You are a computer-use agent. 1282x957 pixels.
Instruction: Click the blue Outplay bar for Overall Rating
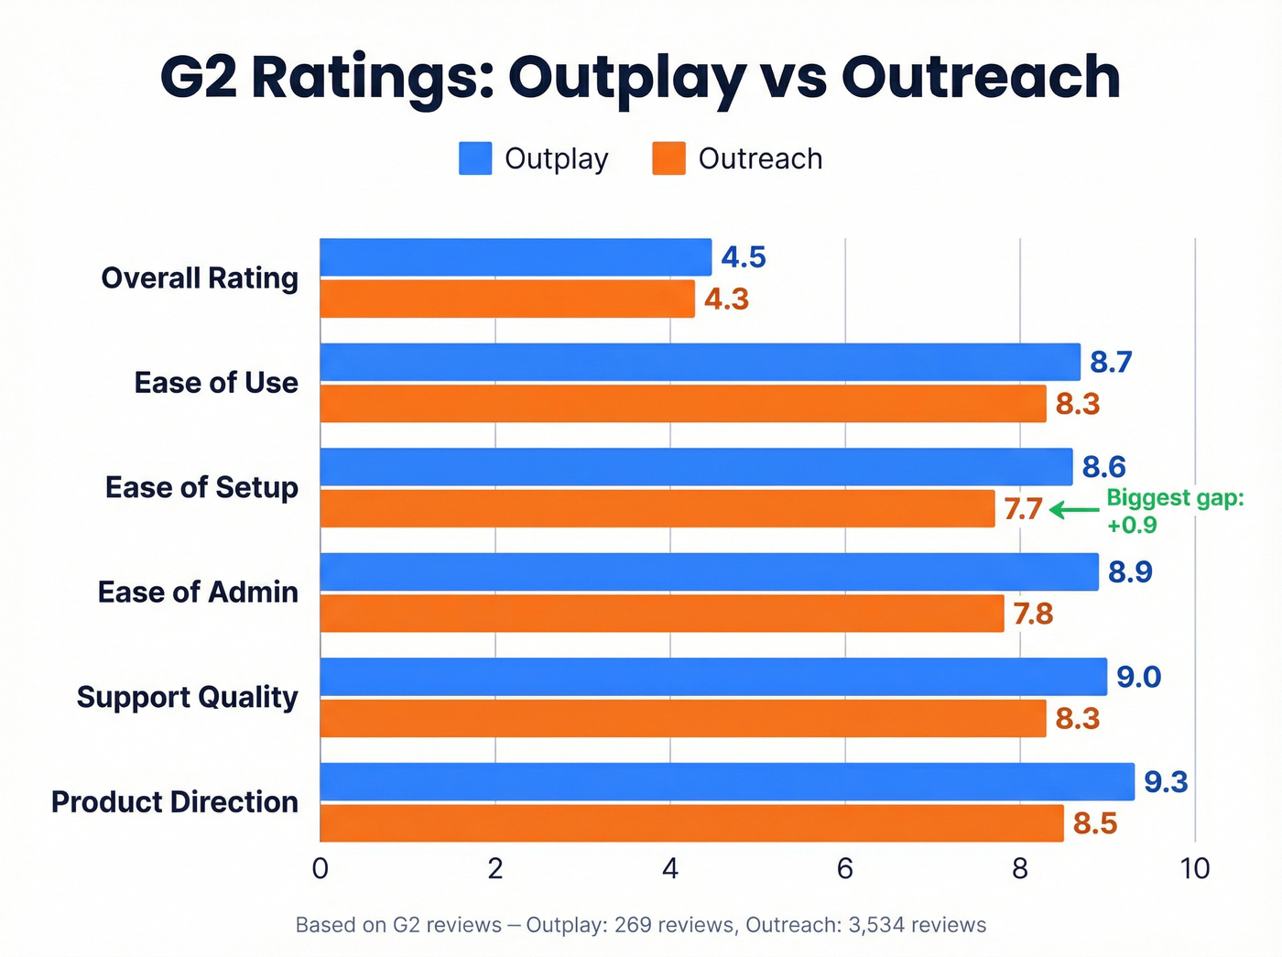pos(516,257)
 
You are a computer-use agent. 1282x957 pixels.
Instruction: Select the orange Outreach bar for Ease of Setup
pos(657,508)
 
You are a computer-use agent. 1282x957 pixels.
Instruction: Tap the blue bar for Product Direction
pos(727,782)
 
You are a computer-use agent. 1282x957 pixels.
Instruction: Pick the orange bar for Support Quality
pos(682,718)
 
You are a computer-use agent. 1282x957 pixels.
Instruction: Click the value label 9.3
pos(1166,782)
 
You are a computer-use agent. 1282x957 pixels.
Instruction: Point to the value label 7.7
pos(1023,508)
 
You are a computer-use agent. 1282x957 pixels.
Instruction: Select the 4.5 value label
pos(743,257)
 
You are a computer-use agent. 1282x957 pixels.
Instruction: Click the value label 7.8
pos(1033,614)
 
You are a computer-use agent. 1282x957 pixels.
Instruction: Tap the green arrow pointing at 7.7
pos(1074,509)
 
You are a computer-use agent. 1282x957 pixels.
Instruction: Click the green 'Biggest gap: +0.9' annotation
pos(1175,511)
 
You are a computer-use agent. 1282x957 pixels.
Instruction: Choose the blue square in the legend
pos(475,158)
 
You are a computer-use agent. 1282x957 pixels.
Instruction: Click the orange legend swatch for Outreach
pos(668,158)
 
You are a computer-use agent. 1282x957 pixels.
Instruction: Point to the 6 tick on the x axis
pos(844,868)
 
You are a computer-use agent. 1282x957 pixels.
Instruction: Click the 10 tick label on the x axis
pos(1194,868)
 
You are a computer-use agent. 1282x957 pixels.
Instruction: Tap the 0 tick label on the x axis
pos(320,868)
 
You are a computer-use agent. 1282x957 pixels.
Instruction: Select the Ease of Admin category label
pos(198,593)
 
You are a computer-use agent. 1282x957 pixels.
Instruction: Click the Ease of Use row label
pos(216,383)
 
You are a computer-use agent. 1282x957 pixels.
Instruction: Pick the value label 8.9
pos(1130,572)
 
